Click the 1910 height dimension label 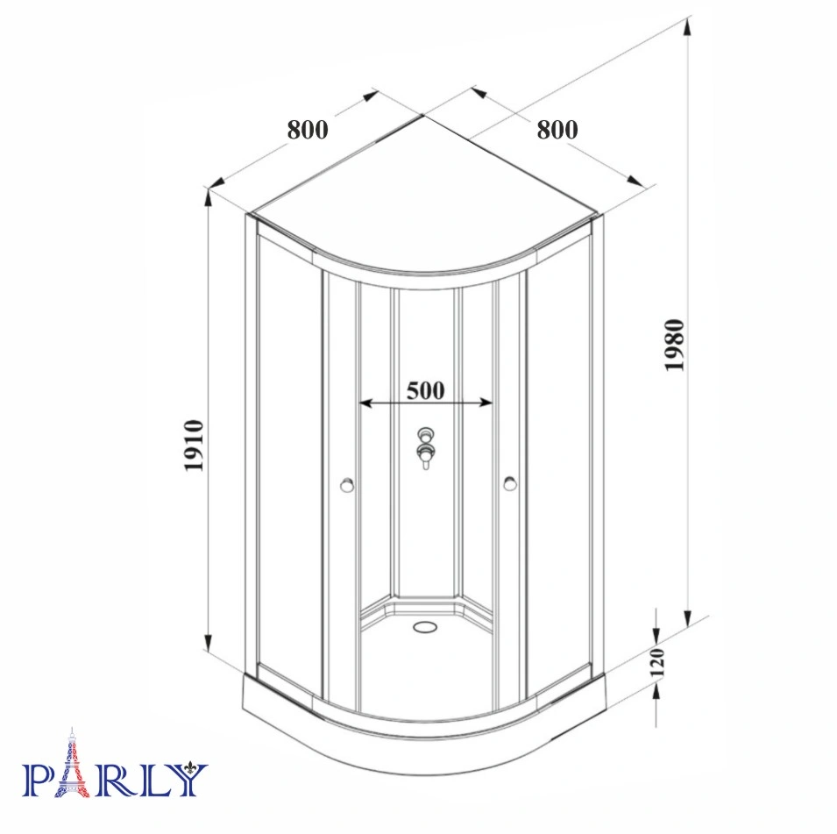tap(194, 446)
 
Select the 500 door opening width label tap(426, 389)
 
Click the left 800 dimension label tap(308, 130)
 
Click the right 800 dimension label tap(557, 130)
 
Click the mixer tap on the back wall tap(427, 447)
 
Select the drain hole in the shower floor tap(426, 627)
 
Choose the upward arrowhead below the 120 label tap(657, 692)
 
